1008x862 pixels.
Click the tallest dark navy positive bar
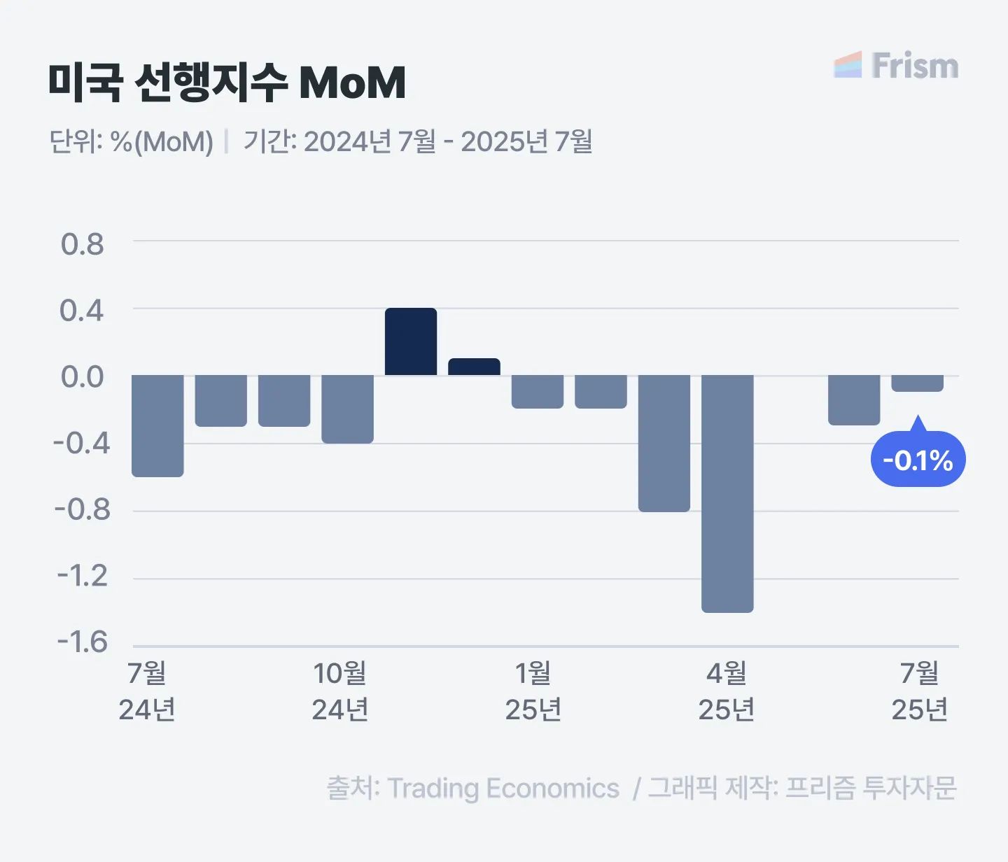(411, 341)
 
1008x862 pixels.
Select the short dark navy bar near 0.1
(474, 367)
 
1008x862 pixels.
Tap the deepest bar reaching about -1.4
(727, 493)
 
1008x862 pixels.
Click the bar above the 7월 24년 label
(157, 425)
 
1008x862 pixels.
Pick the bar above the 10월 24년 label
(347, 409)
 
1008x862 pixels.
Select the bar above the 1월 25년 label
(538, 391)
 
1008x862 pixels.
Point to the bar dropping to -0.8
(664, 443)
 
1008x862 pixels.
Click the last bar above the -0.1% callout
(917, 383)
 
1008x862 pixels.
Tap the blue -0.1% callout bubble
(918, 460)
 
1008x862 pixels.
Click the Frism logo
(896, 66)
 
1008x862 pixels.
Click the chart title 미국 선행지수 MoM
(227, 83)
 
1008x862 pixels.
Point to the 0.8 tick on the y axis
(82, 244)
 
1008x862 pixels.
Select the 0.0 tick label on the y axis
(82, 377)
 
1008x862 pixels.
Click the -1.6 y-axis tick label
(82, 642)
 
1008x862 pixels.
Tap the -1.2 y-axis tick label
(82, 576)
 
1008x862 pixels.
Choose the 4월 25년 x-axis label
(726, 691)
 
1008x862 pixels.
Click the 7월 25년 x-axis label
(919, 691)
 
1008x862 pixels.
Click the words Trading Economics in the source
(503, 789)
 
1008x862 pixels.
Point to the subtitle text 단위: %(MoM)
(131, 141)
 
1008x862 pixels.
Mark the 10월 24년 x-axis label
(339, 691)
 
